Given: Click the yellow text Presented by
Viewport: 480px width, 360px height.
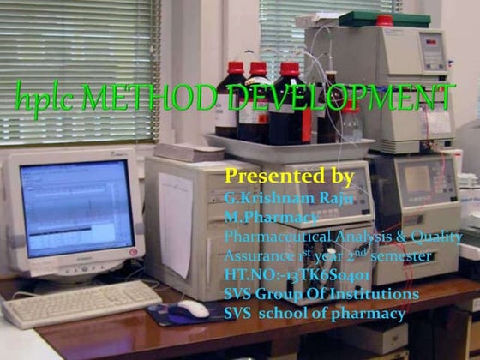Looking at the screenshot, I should (x=288, y=177).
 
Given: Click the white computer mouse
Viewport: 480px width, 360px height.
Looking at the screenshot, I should (x=193, y=309).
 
